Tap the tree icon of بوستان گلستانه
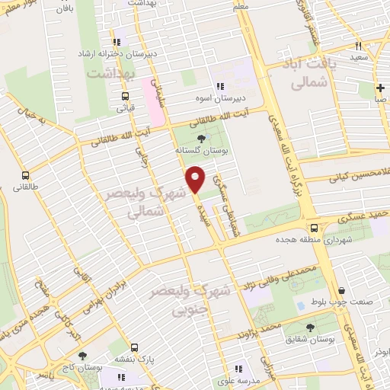click(201, 139)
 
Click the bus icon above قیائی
click(125, 95)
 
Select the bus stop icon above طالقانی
click(26, 174)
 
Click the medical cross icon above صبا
click(379, 87)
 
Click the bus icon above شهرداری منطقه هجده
click(314, 227)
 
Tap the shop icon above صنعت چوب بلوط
click(342, 290)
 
